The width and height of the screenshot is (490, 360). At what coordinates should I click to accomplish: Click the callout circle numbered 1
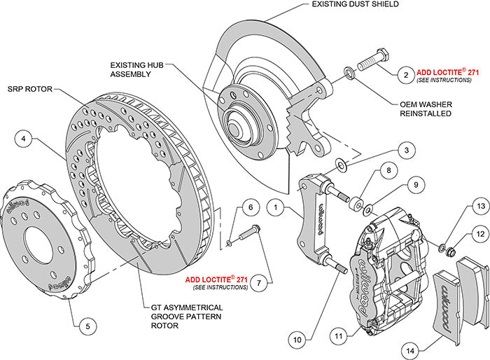tap(277, 207)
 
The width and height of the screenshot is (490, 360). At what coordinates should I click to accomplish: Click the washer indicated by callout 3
tap(340, 165)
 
